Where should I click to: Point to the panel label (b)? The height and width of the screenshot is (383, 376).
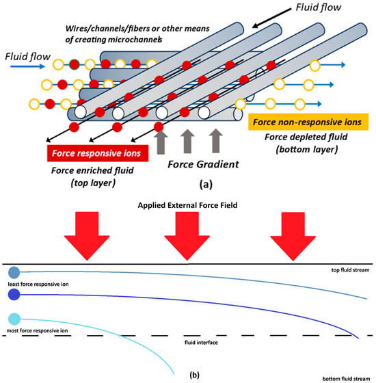coord(188,374)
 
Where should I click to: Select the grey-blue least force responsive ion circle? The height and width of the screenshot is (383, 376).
coord(14,272)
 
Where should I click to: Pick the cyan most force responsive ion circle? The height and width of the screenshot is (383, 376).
coord(14,319)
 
